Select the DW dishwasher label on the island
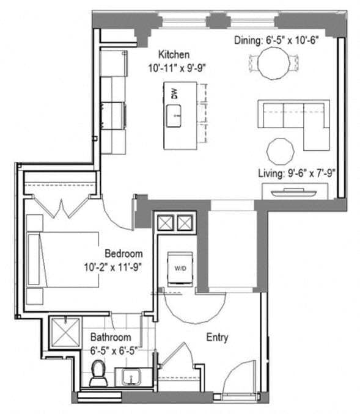coord(174,94)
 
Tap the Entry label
coord(218,337)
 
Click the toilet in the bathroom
coord(98,373)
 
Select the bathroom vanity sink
coord(131,377)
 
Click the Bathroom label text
coord(111,337)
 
